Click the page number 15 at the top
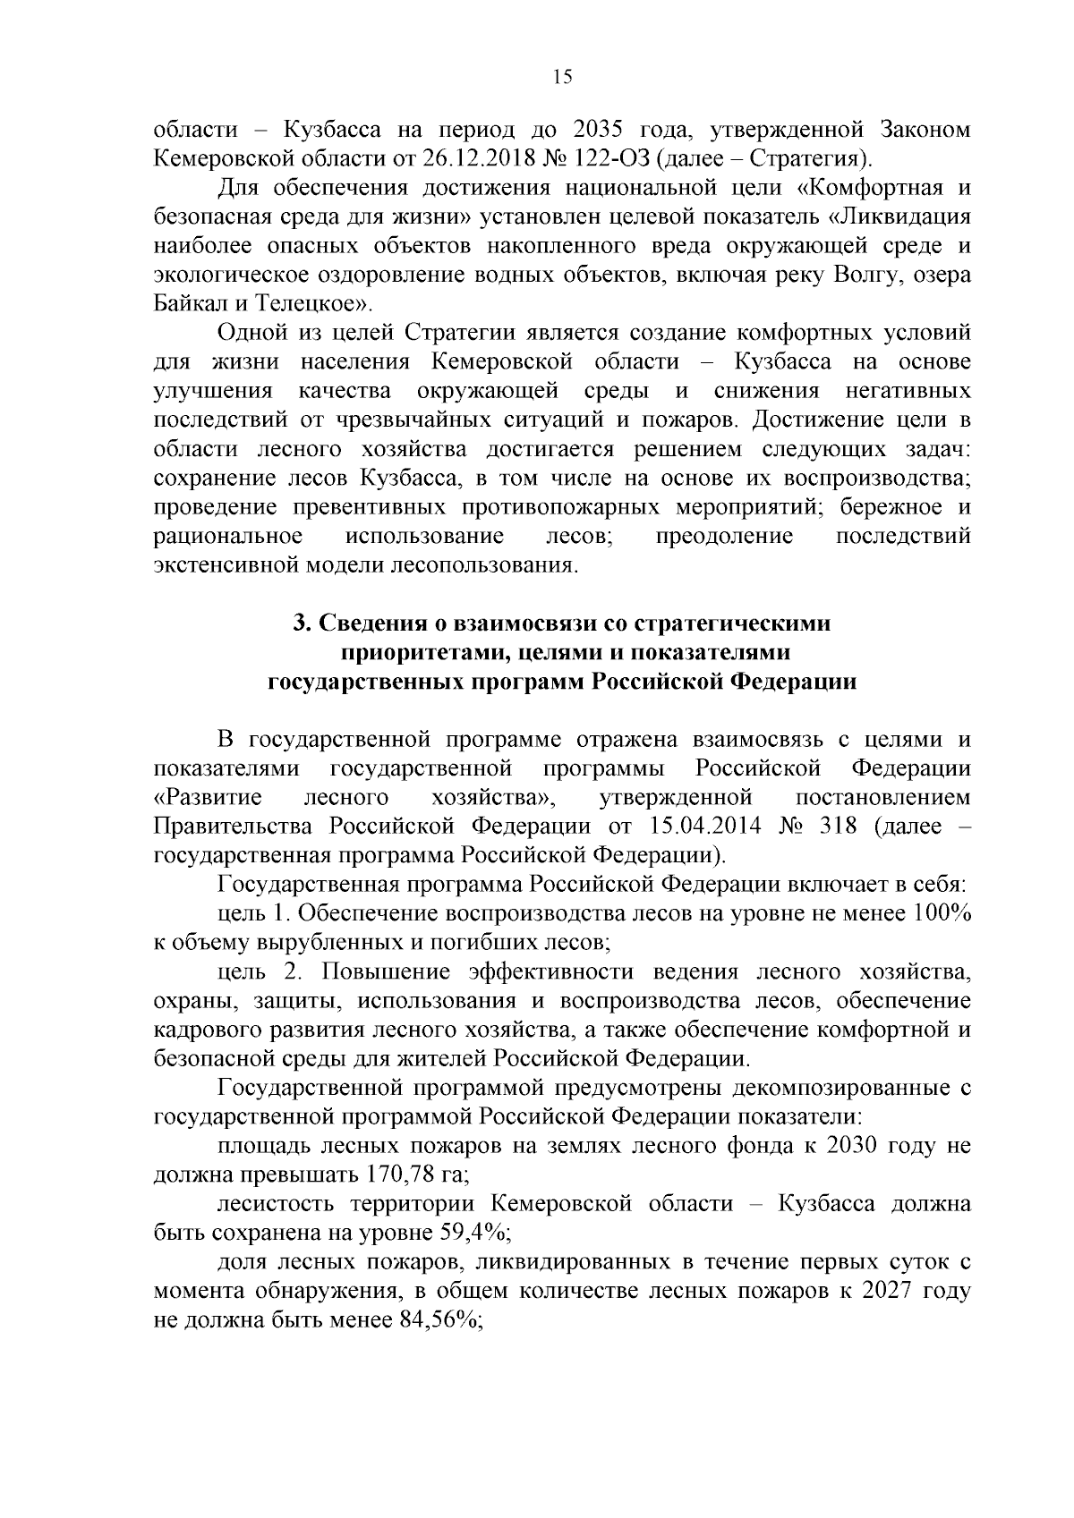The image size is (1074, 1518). click(562, 77)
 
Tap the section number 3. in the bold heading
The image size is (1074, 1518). click(303, 623)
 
